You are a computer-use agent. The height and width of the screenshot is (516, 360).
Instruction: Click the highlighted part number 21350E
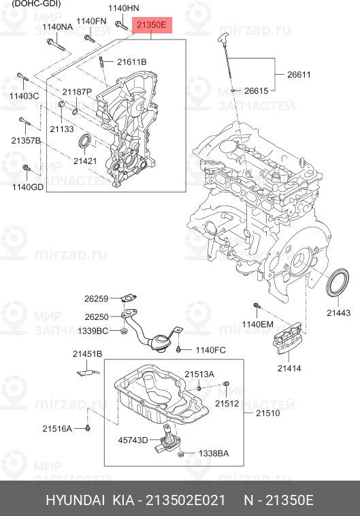150,25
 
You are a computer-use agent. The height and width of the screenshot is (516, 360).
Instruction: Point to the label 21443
338,313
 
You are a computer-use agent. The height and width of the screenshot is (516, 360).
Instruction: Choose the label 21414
289,368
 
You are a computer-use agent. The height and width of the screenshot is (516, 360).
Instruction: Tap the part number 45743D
132,440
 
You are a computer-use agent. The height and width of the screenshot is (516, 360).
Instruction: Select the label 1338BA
213,453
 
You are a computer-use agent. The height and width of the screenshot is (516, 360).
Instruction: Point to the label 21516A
57,428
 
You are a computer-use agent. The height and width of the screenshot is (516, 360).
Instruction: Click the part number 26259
96,299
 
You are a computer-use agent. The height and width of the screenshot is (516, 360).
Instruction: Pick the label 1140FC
210,350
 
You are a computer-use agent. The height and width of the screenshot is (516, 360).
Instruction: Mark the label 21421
85,161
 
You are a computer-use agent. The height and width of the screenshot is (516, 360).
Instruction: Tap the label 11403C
23,97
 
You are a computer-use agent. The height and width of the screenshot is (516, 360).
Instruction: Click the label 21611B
131,63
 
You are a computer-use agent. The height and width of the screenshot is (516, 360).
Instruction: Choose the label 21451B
87,354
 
